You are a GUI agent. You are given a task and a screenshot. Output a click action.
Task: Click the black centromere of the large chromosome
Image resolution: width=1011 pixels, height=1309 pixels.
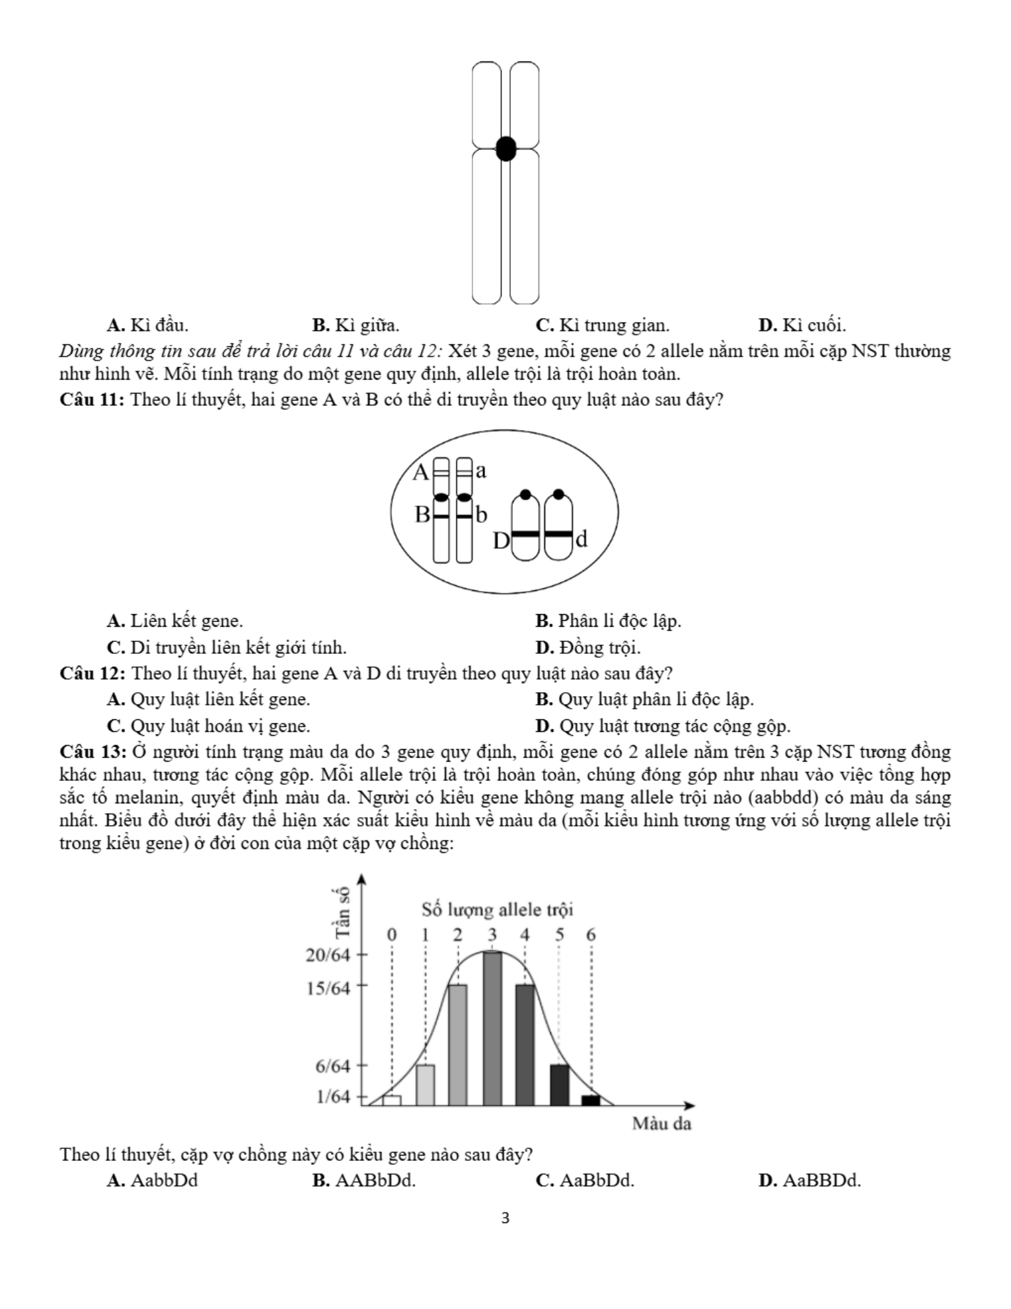[505, 149]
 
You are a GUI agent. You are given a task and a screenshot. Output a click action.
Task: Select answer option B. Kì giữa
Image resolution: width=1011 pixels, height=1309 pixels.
[356, 325]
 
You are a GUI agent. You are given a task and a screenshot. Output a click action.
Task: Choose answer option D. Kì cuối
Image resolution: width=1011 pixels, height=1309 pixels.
[802, 325]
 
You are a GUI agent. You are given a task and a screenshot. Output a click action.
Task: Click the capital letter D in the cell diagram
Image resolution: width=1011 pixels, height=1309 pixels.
[502, 541]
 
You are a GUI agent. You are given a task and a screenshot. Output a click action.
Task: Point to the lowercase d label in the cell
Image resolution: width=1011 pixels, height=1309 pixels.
[581, 539]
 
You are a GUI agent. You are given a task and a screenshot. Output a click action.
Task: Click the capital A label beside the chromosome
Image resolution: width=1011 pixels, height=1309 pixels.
[420, 472]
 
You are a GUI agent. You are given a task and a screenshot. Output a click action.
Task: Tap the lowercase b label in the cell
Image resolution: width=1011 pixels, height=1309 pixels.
[481, 514]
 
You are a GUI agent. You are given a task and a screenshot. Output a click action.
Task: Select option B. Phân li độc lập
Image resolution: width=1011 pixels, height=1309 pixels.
[608, 621]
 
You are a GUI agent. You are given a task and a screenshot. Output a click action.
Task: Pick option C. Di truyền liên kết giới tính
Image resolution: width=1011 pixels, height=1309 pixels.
[227, 647]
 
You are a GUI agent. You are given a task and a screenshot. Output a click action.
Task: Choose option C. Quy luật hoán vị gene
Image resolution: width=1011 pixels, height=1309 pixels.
[208, 726]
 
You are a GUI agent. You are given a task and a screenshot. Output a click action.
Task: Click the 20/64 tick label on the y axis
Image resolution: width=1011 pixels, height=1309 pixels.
[328, 956]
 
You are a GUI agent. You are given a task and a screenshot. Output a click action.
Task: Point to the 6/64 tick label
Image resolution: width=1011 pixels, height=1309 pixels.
[332, 1066]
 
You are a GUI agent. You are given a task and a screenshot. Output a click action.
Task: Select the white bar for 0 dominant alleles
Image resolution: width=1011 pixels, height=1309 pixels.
[392, 1100]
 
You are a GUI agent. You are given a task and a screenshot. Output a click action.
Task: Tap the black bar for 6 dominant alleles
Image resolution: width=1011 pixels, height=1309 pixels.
[591, 1100]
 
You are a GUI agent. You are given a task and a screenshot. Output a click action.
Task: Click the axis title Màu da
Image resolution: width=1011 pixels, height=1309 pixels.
[661, 1123]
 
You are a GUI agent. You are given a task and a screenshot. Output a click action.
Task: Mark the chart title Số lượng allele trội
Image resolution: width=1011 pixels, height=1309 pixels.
[497, 910]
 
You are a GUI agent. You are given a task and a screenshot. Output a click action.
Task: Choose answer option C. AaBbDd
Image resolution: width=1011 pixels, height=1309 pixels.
[585, 1180]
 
